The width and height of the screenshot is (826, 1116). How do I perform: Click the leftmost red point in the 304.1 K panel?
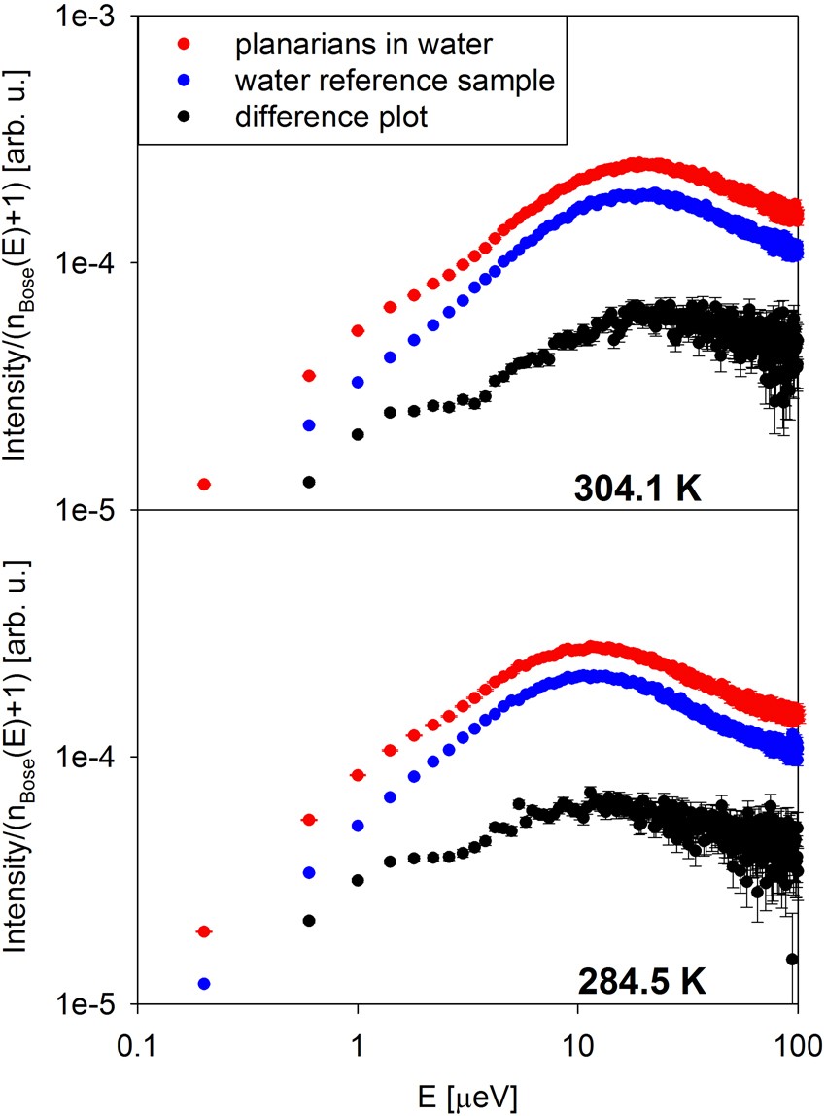(204, 484)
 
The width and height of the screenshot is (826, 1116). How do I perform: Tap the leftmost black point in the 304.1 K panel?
(309, 482)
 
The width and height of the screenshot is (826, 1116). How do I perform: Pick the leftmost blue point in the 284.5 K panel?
(204, 983)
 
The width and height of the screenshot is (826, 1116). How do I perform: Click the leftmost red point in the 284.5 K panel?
(204, 931)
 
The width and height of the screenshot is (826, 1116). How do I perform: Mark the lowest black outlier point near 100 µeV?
(792, 959)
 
